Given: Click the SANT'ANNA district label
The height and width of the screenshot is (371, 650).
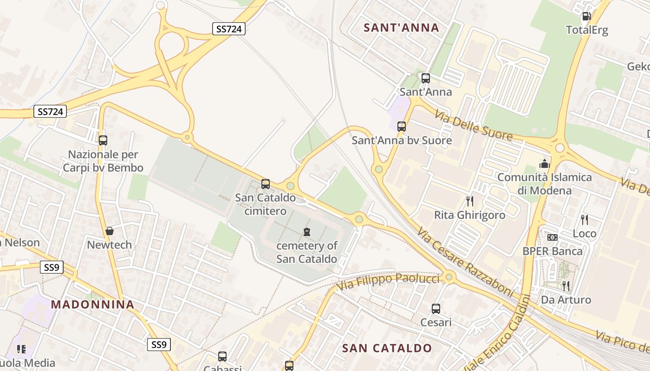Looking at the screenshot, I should click(401, 28).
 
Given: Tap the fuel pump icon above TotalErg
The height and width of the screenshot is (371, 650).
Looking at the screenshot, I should click(586, 16).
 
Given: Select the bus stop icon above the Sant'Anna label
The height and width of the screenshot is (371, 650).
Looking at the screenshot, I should click(425, 78).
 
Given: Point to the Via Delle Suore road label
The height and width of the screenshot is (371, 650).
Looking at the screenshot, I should click(474, 125).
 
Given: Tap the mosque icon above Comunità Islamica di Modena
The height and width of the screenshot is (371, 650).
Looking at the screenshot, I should click(544, 164).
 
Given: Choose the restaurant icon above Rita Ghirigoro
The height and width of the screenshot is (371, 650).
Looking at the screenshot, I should click(470, 201).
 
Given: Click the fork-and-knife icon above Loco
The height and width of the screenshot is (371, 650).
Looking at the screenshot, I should click(584, 219).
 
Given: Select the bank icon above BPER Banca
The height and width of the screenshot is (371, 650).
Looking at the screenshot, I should click(552, 237).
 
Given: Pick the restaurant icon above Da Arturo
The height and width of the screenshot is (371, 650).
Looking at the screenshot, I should click(565, 286).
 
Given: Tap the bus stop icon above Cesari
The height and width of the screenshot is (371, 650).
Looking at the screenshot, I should click(435, 309).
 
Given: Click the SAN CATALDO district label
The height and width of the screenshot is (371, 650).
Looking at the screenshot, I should click(387, 348).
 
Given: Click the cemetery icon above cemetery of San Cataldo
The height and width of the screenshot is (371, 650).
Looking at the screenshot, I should click(306, 231).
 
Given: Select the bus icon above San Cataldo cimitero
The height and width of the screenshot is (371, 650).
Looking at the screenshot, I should click(266, 184).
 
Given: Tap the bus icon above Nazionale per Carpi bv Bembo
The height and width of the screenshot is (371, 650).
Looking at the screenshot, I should click(103, 140).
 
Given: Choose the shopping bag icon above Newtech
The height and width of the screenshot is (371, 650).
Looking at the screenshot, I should click(110, 231).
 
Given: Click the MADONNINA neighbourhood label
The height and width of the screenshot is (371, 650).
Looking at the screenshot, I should click(93, 305).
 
